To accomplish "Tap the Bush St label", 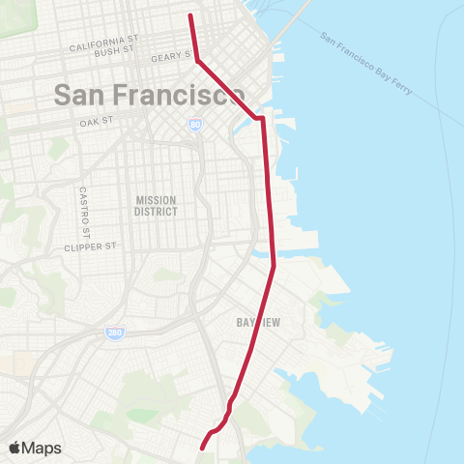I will pos(115,54).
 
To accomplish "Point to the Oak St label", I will pos(98,123).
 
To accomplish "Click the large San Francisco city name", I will pos(149,95).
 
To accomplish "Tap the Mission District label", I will pos(156,205).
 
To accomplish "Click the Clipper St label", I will pos(90,246).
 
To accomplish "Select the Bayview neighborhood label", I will pos(258,323).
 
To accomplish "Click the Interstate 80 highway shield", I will pos(196,125).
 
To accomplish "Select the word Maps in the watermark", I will pos(43,448).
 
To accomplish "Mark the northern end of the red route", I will pos(189,15).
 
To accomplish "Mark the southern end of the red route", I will pos(202,448).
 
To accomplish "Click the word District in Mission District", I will pos(156,211).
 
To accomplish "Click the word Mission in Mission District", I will pos(156,199).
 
